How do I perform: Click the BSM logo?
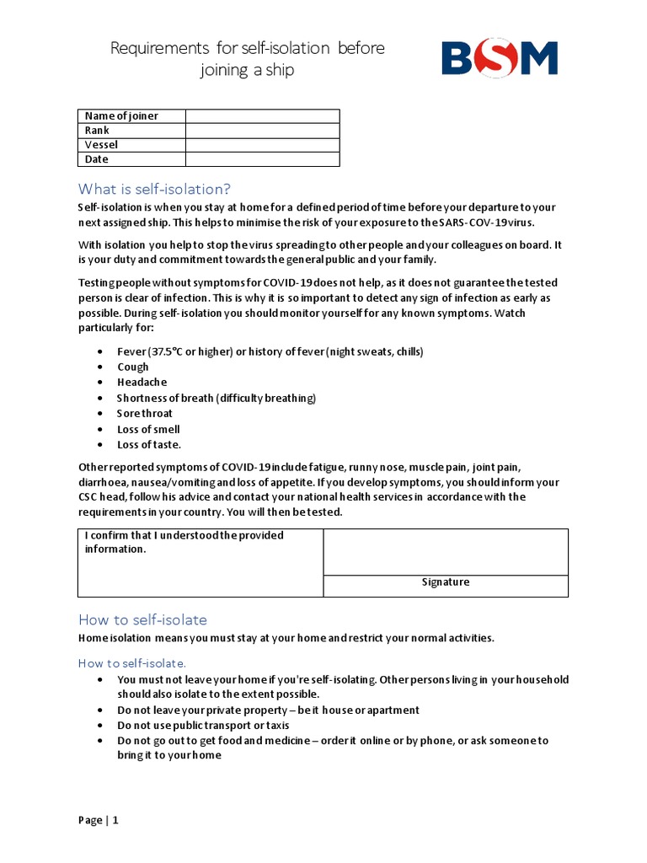point(500,59)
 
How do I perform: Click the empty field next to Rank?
point(262,131)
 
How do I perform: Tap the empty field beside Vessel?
point(262,145)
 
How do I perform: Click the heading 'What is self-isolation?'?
point(154,189)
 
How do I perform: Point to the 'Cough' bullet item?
point(133,367)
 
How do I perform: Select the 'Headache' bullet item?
point(142,382)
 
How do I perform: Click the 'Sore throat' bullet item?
point(145,413)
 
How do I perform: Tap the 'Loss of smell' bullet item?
point(148,429)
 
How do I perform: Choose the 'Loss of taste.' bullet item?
point(149,444)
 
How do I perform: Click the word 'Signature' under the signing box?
point(446,582)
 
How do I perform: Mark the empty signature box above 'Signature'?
point(446,552)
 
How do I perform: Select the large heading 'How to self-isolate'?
point(142,619)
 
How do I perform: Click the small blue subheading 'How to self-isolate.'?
point(132,663)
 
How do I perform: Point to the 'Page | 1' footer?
point(99,820)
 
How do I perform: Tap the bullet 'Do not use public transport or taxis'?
point(203,726)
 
